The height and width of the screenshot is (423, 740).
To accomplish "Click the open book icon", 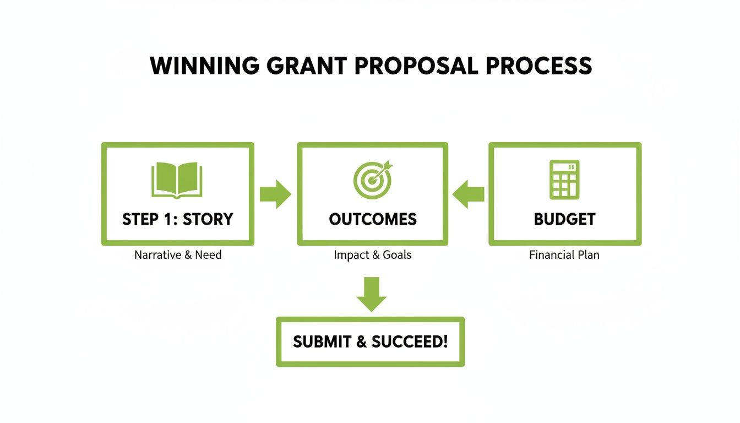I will click(177, 179).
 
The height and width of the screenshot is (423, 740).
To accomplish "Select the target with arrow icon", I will click(373, 179).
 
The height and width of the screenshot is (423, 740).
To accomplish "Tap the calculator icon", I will click(564, 179).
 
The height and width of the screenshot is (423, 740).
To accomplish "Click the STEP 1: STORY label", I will click(177, 219).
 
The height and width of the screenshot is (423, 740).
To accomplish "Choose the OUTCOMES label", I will click(373, 219).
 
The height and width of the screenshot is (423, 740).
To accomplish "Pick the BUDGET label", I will click(564, 219).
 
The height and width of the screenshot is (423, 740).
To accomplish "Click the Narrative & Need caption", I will click(178, 255).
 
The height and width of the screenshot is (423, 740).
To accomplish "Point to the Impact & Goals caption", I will click(373, 255).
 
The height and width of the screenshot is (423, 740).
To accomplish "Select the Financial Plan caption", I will click(564, 255).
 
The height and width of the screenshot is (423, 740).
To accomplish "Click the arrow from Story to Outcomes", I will click(275, 193).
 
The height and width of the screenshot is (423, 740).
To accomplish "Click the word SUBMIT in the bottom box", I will click(322, 341).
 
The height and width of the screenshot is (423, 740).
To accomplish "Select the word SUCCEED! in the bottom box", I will click(410, 341).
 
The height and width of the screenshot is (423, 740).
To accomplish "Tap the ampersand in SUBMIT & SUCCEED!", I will click(361, 341).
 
